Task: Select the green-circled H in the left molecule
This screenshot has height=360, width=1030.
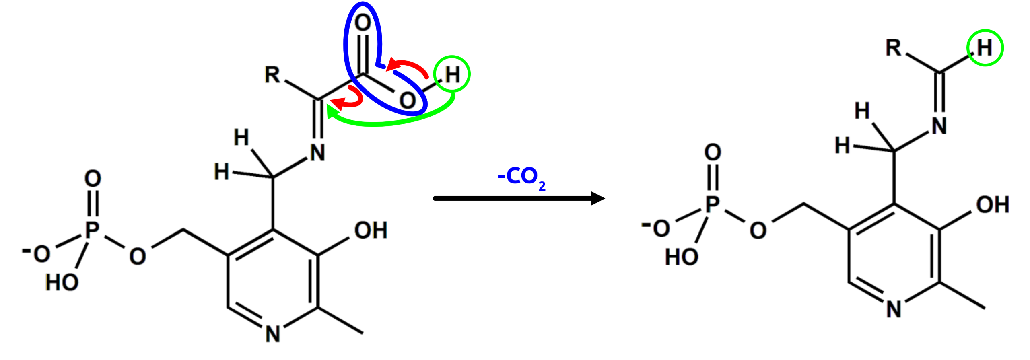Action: pos(452,74)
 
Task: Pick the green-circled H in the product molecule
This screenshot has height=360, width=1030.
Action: pos(985,48)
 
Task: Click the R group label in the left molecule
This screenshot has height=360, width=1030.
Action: pos(272,74)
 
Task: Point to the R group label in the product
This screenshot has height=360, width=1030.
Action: pos(893,48)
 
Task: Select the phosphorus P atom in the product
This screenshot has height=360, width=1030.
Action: pos(713,204)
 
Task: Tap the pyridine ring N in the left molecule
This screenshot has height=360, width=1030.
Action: pos(273,334)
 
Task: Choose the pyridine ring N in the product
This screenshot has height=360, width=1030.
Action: pos(894,309)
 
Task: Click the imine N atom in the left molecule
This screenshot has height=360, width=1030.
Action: pos(318,152)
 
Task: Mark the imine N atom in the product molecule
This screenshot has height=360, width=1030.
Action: pos(939,126)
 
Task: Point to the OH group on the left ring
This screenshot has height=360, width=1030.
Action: pos(371,230)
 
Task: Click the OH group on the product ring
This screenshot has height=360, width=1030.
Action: pos(993,204)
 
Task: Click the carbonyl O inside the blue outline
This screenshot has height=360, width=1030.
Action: pos(363,23)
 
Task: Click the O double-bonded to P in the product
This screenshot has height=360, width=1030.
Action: pos(713,152)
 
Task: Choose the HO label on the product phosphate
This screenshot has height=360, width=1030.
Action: pos(682,256)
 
